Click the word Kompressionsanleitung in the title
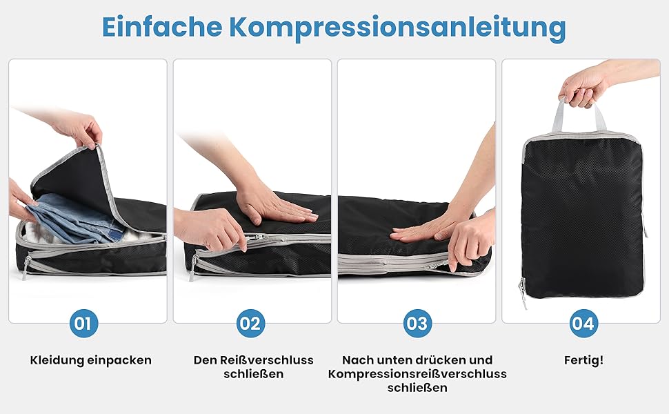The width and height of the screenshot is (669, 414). pos(398,28)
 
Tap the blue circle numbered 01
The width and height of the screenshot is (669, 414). pos(83,323)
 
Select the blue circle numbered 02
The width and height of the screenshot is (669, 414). pos(250,323)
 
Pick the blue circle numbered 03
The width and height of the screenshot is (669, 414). pos(417,323)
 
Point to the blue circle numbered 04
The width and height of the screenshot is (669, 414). pos(583,323)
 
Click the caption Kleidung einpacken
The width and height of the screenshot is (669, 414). pos(91,360)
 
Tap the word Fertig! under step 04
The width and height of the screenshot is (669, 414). pos(583,360)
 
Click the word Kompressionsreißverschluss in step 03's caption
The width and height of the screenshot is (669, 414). pos(417,374)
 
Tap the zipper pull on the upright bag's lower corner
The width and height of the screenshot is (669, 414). pos(523,293)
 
